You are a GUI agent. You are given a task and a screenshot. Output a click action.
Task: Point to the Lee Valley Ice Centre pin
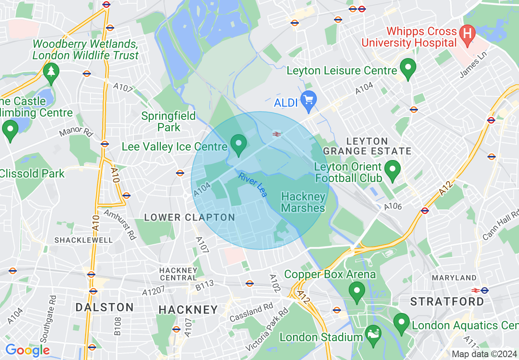(x=238, y=144)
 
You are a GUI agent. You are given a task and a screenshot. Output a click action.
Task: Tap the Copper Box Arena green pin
(x=357, y=291)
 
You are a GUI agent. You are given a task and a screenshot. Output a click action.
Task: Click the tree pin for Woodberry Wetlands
(x=51, y=72)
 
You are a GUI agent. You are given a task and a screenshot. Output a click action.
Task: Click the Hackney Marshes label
(x=303, y=202)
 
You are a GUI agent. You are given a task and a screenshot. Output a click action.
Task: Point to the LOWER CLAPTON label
(x=190, y=217)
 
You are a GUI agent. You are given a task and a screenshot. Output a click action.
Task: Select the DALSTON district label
(x=104, y=307)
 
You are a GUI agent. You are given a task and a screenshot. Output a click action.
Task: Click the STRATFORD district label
(x=447, y=301)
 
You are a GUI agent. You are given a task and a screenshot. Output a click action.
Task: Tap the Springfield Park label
(x=168, y=122)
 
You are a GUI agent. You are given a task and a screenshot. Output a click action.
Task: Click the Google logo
(x=27, y=350)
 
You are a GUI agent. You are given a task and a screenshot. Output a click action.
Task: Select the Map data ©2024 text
(x=484, y=354)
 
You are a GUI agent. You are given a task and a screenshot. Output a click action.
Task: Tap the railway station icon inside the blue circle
(x=277, y=134)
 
